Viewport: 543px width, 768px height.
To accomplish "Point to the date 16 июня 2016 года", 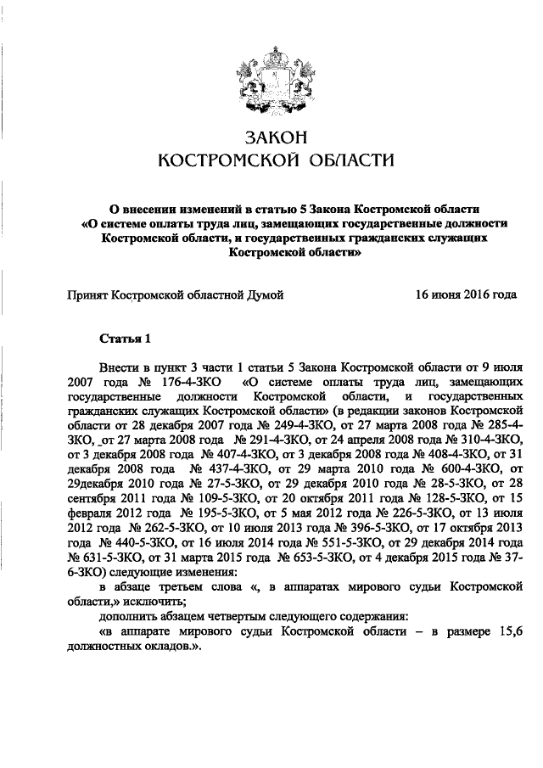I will point(465,295).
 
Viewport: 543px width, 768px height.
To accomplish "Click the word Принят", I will point(87,295).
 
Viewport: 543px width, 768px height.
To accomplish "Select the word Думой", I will point(263,295).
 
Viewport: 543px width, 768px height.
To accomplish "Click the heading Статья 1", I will point(125,339).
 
